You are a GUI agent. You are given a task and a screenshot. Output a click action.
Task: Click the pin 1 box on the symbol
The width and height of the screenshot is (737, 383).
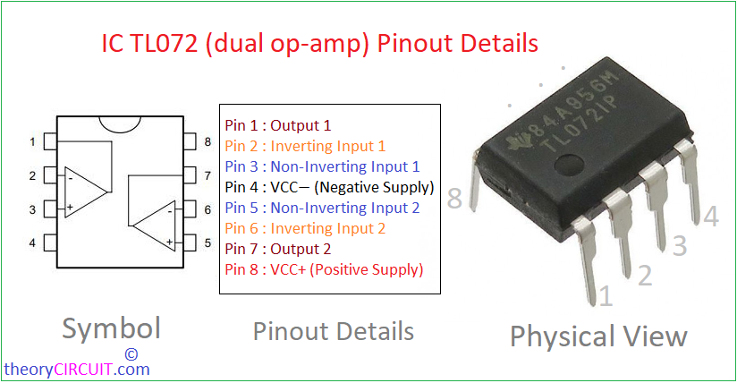(50, 141)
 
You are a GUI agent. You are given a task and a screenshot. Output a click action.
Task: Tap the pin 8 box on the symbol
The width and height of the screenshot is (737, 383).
(190, 141)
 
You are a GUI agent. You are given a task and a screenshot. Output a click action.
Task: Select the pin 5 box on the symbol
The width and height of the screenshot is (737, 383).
(190, 243)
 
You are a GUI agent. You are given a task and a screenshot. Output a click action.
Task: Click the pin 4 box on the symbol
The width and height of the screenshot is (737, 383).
(50, 243)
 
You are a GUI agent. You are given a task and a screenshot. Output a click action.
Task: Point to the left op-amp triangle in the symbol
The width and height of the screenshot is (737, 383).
(85, 191)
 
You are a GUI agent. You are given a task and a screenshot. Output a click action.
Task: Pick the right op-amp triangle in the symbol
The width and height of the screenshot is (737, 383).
(155, 226)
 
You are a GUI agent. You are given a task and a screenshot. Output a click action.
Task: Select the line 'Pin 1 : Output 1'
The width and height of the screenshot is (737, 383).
(278, 125)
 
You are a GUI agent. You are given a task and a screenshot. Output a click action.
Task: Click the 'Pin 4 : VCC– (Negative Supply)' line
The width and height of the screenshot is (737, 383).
(329, 187)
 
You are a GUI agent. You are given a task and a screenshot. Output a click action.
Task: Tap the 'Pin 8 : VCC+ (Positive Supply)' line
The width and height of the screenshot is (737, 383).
(324, 269)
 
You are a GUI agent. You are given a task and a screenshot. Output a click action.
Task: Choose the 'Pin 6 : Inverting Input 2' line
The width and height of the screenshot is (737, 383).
(305, 229)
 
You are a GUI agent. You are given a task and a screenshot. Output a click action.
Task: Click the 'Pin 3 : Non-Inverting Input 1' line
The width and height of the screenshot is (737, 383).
(322, 166)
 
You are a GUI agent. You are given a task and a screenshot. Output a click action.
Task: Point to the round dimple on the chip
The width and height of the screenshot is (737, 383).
(569, 166)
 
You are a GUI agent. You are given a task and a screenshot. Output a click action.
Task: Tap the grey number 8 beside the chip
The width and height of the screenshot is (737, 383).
(454, 198)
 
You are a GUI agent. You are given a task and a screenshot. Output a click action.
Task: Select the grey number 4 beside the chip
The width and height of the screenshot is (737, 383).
(711, 217)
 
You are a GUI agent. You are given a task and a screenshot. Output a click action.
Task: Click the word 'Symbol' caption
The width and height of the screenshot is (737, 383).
(112, 329)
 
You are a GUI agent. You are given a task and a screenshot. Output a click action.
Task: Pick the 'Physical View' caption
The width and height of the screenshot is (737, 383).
(599, 336)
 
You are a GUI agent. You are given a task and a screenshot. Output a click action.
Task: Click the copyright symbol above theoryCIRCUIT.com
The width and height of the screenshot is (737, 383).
(131, 353)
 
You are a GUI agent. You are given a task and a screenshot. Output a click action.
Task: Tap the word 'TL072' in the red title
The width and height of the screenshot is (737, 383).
(164, 43)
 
